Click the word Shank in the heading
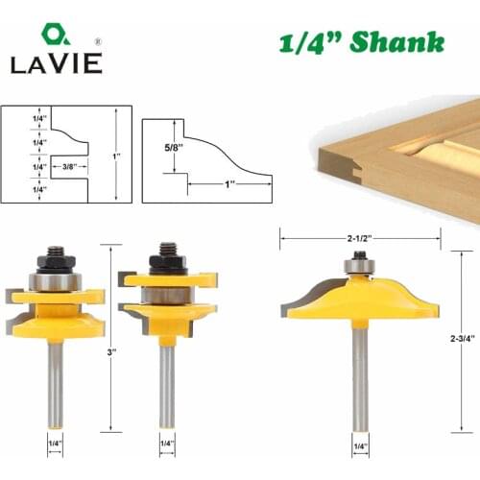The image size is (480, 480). [x=396, y=43]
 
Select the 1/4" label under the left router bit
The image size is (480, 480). [x=55, y=444]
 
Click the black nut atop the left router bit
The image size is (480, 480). [x=55, y=260]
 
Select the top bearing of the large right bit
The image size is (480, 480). [x=360, y=261]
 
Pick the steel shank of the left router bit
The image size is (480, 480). [x=55, y=384]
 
